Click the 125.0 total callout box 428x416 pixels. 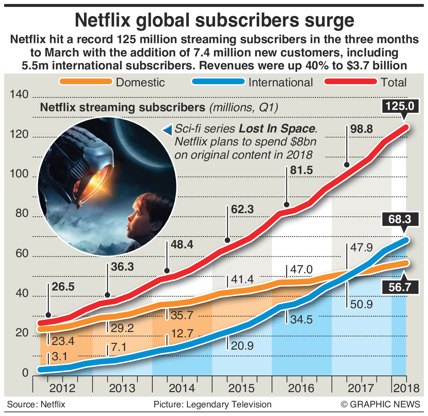click(x=400, y=106)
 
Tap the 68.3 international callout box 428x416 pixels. click(x=400, y=219)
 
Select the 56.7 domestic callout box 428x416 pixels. click(x=400, y=287)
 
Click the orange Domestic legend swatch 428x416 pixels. click(x=86, y=82)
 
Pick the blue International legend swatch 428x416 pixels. click(x=218, y=82)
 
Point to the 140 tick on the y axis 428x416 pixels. click(x=19, y=95)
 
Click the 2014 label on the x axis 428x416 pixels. click(x=182, y=388)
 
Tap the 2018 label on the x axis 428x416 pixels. click(x=406, y=388)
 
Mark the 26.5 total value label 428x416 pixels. click(x=63, y=287)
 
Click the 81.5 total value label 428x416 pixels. click(x=301, y=170)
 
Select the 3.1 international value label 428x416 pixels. click(x=60, y=357)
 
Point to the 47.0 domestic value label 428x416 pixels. click(x=301, y=270)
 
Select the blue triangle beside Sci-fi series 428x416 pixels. click(x=167, y=129)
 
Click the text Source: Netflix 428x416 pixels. click(x=36, y=404)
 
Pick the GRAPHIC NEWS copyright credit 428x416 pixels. click(x=381, y=404)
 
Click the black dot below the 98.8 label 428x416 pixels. click(x=347, y=165)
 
